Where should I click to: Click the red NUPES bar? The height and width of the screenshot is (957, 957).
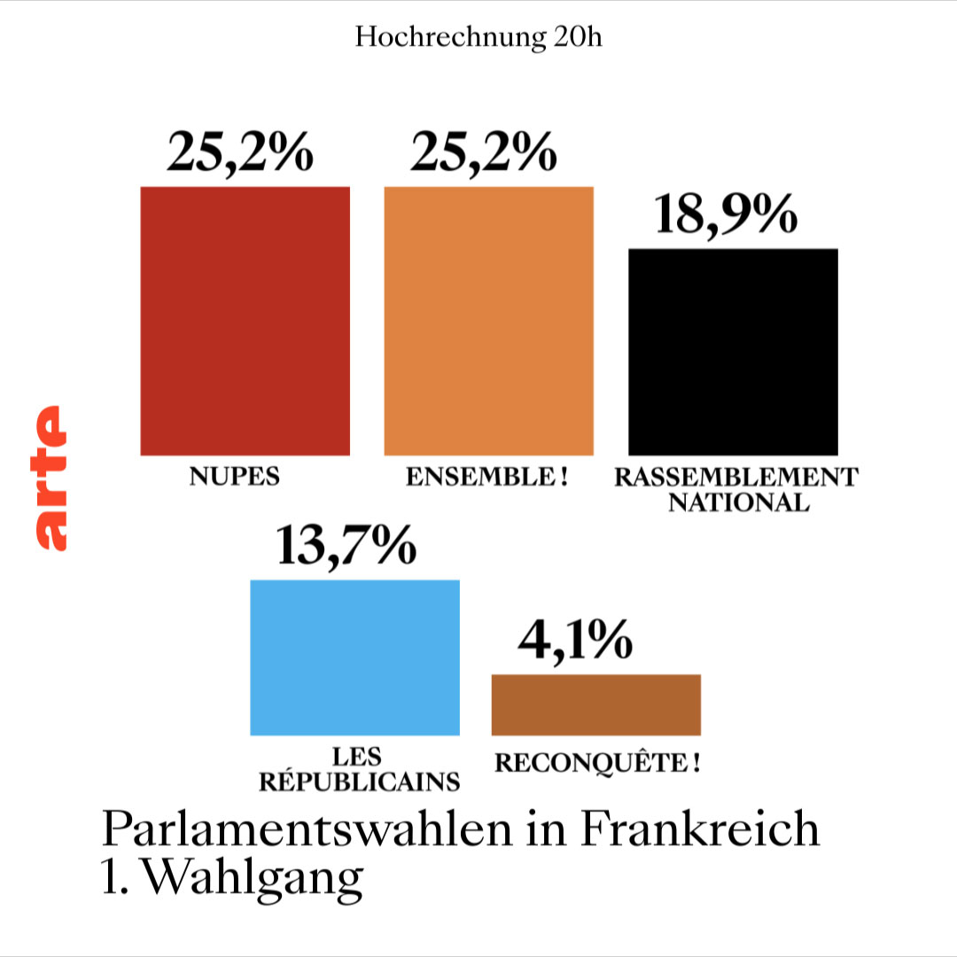click(x=245, y=321)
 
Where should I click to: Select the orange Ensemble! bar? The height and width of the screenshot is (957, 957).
click(x=488, y=321)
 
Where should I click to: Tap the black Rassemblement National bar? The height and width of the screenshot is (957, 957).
click(x=733, y=352)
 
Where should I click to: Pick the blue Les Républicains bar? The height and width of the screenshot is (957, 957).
click(x=354, y=657)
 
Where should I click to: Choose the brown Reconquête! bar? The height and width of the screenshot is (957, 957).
click(x=595, y=704)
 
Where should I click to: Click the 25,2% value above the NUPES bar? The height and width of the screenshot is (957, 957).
click(x=239, y=152)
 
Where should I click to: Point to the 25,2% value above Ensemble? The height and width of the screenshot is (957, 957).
click(x=484, y=152)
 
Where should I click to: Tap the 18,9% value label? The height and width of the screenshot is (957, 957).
click(x=726, y=214)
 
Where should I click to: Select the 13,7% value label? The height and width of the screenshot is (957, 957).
click(x=346, y=546)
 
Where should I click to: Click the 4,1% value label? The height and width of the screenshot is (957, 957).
click(x=575, y=641)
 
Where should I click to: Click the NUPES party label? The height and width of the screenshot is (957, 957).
click(x=234, y=477)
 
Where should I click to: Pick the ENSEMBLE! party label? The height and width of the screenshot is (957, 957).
click(x=486, y=477)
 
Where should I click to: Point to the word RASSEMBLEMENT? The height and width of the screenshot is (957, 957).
click(x=736, y=477)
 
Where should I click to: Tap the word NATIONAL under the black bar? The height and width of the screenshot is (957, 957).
click(x=738, y=503)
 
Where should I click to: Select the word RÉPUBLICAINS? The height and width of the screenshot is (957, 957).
click(x=358, y=782)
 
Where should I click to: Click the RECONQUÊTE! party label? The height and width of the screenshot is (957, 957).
click(x=596, y=763)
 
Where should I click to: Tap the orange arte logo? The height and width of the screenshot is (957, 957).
click(x=50, y=478)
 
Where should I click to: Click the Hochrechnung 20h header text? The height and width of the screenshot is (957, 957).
click(x=478, y=37)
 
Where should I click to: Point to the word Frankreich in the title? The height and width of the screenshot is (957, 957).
click(x=700, y=830)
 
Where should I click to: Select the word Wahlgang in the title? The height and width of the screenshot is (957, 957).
click(x=252, y=877)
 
